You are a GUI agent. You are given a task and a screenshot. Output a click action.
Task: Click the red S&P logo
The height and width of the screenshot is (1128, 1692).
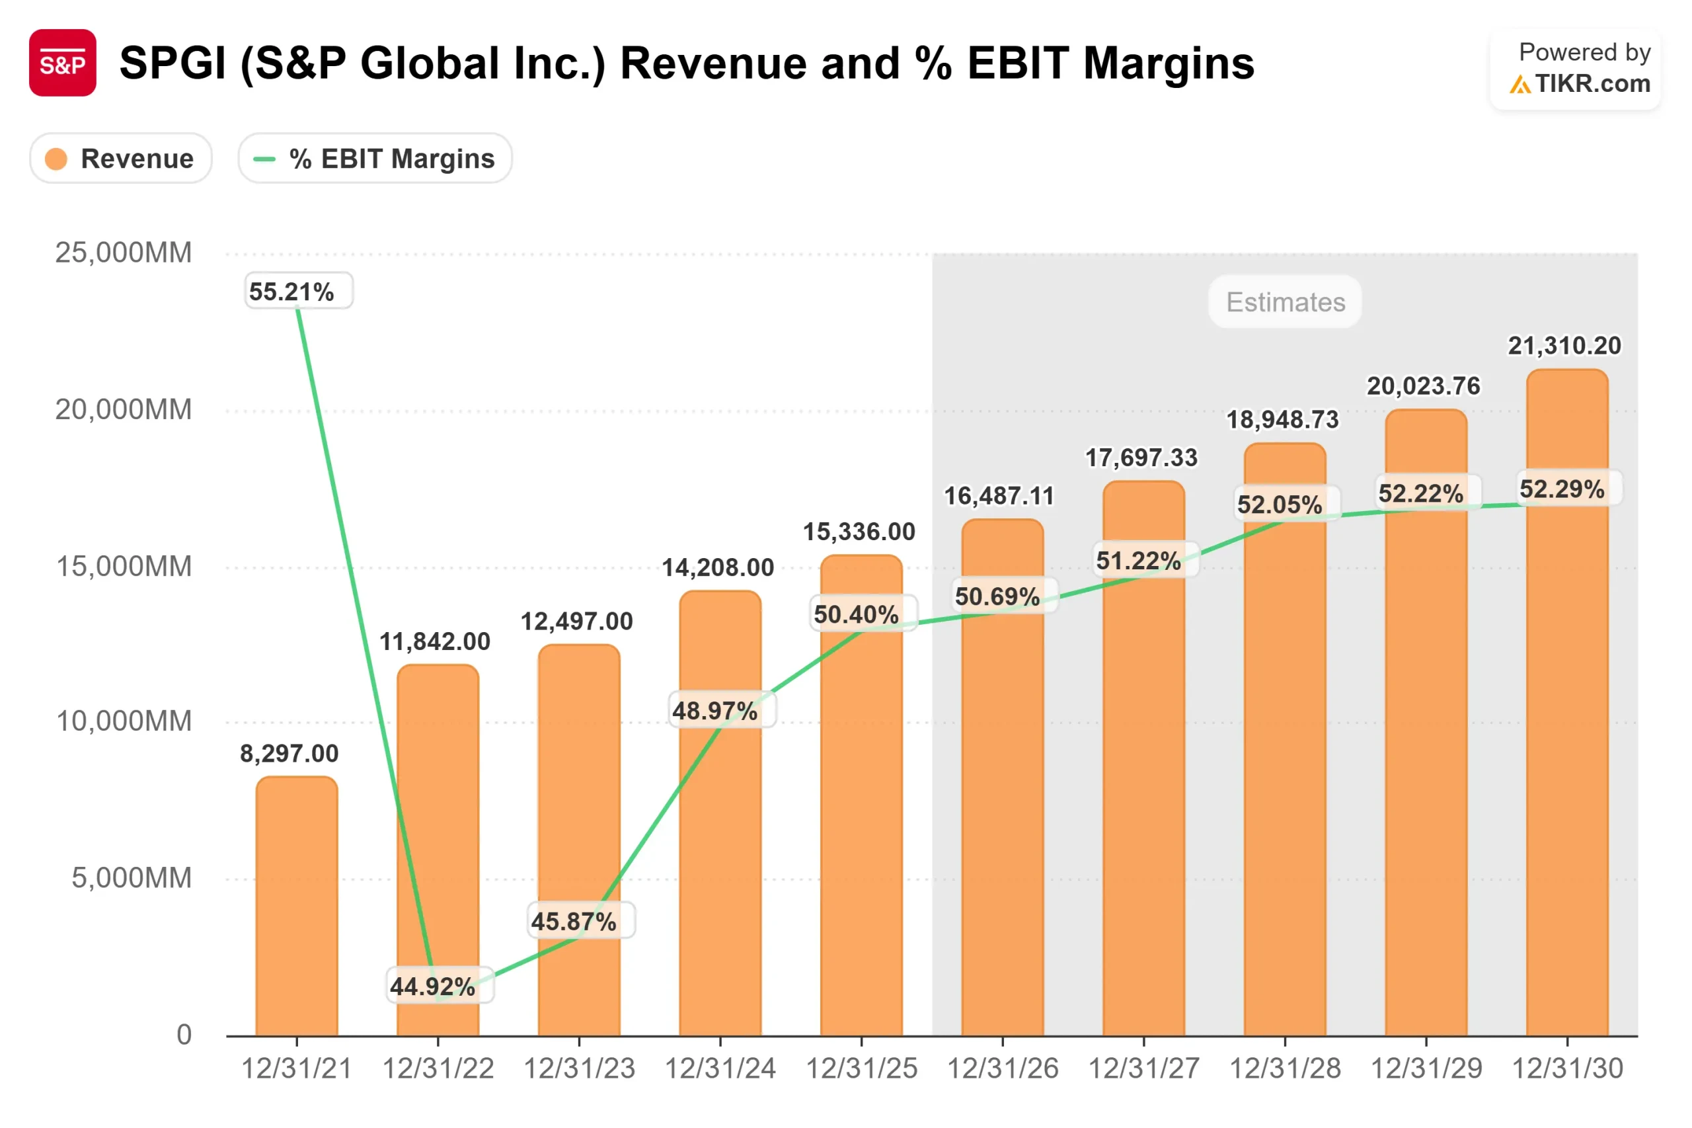[63, 63]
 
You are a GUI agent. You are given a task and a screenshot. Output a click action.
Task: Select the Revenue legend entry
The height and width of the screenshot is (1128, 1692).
[121, 158]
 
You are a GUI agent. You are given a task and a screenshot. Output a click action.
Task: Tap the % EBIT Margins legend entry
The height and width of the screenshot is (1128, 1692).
[375, 158]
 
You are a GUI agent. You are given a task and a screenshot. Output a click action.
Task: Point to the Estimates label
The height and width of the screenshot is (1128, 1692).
[1285, 302]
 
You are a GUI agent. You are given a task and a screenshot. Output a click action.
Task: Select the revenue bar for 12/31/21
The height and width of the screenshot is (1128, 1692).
[296, 906]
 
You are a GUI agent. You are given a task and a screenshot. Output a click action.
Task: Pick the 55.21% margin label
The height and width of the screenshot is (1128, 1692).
[291, 292]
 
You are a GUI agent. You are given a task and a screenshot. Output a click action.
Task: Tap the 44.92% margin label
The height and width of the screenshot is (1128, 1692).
[432, 986]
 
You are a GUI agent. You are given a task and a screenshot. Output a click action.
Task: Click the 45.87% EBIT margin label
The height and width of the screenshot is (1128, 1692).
[573, 921]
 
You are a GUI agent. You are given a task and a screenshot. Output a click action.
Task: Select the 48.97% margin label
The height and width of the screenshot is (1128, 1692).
[714, 711]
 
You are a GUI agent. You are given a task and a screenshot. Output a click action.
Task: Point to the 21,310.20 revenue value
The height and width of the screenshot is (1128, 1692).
[1564, 346]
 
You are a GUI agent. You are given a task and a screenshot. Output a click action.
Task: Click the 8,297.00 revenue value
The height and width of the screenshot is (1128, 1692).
[289, 753]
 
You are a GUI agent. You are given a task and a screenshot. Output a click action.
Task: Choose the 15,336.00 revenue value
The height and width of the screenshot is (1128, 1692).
[859, 532]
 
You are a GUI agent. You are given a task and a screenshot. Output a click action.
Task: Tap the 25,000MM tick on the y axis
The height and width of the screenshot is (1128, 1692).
[124, 253]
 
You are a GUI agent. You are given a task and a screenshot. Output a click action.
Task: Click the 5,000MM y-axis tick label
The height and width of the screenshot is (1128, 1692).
[132, 877]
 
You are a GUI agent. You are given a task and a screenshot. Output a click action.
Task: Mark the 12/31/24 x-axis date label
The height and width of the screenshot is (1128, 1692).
[720, 1068]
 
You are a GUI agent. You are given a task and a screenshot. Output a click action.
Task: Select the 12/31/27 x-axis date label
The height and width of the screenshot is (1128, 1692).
[1143, 1068]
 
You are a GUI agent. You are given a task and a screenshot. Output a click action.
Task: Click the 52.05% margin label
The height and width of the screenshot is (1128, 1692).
[1280, 504]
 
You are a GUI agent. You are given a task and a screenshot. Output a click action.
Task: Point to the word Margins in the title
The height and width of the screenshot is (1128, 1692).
[1169, 63]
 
